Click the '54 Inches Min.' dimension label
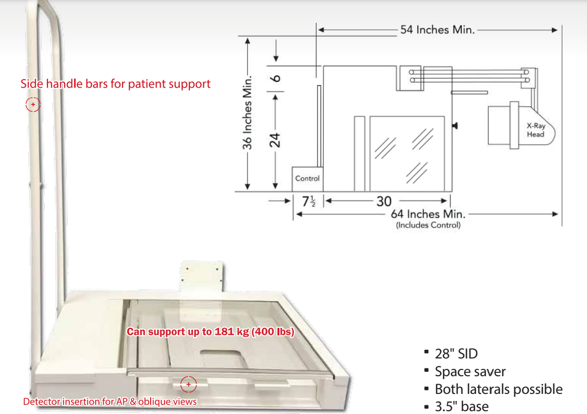point(437,30)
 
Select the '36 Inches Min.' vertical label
point(248,113)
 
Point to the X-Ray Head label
point(535,130)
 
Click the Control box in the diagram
point(307,179)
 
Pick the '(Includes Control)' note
point(428,225)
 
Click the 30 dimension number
point(384,201)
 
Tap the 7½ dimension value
point(309,201)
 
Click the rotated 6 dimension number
point(275,78)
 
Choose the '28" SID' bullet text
point(456,354)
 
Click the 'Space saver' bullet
point(470,371)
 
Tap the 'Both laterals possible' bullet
point(498,390)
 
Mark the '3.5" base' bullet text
point(461,406)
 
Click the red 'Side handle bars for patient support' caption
point(115,84)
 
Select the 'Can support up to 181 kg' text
point(210,332)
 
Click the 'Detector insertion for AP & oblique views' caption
point(110,402)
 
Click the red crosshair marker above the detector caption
point(188,384)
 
